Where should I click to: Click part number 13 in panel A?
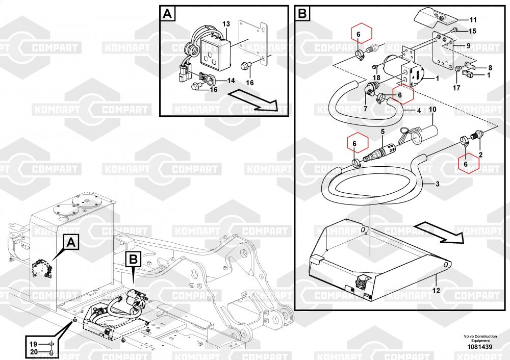[x=226, y=24]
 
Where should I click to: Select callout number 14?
[x=231, y=81]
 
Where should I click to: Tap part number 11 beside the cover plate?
[x=473, y=20]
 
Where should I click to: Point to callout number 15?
[x=473, y=31]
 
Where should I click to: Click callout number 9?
[x=468, y=45]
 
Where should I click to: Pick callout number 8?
[x=490, y=67]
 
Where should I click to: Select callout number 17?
[x=456, y=87]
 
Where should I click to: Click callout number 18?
[x=377, y=78]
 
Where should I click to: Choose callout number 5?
[x=382, y=132]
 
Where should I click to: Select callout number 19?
[x=33, y=343]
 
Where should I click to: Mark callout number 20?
[x=33, y=351]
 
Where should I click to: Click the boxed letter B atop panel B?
[x=302, y=14]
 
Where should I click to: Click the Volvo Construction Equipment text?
[x=477, y=338]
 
